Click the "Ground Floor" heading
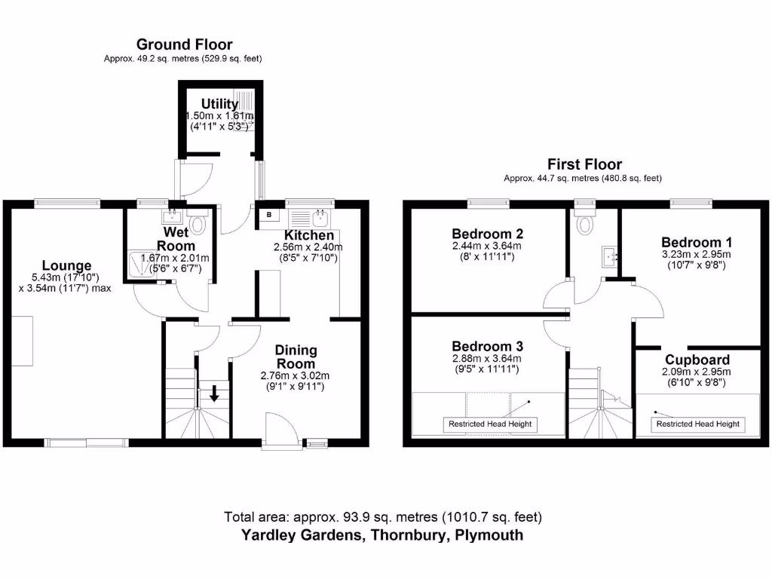tap(184, 45)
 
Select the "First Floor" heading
tap(584, 164)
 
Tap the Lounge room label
tap(66, 265)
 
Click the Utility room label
tap(219, 104)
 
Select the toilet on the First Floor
tap(584, 225)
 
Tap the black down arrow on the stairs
tap(215, 393)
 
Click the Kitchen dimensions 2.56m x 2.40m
tap(308, 247)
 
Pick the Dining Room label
tap(296, 357)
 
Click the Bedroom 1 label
tap(697, 242)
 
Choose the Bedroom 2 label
tap(486, 234)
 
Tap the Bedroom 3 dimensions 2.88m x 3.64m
tap(486, 358)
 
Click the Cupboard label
tap(697, 360)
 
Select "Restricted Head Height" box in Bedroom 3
tap(490, 424)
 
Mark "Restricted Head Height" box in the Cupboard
tap(697, 424)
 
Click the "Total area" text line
tap(382, 517)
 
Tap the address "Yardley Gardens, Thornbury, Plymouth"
tap(382, 535)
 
